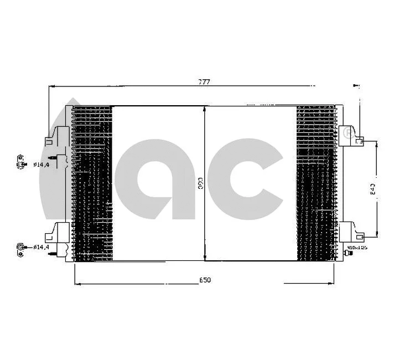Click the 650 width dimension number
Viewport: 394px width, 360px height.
pos(205,280)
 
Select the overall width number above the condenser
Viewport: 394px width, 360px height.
pos(205,82)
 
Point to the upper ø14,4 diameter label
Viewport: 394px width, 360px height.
pos(42,164)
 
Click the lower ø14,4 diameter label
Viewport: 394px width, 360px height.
pos(42,246)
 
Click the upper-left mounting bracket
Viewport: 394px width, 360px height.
pos(58,136)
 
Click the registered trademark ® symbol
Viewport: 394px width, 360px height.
pos(348,132)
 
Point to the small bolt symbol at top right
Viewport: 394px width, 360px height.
pos(356,86)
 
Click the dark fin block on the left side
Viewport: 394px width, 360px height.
pos(92,183)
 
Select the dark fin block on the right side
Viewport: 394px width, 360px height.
pos(316,183)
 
